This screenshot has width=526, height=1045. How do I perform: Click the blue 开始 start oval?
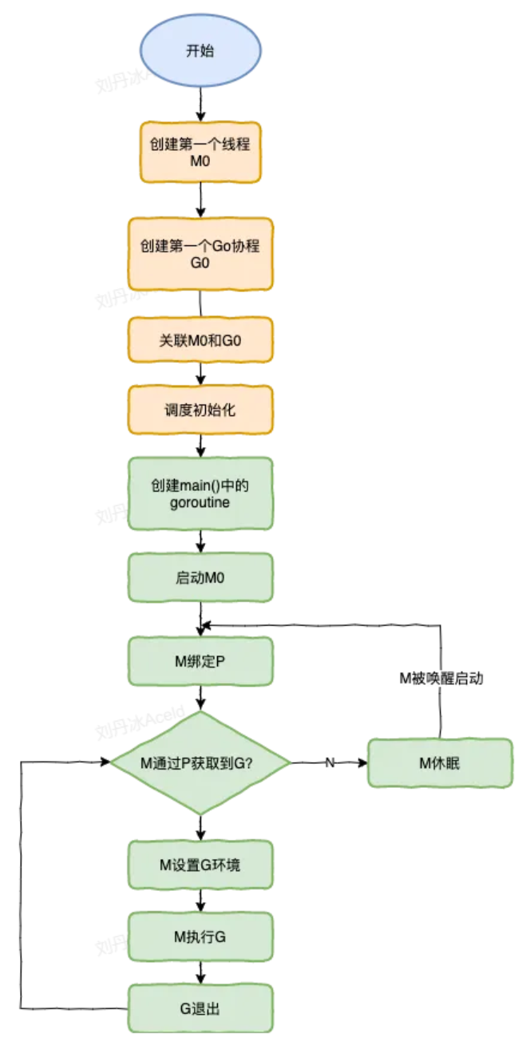tap(200, 49)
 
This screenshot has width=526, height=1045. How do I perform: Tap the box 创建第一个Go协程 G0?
tap(200, 253)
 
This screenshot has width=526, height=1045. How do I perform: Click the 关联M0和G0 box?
tap(200, 340)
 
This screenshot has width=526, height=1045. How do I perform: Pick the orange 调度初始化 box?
tap(200, 410)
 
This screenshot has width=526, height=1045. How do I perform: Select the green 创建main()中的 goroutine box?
tap(200, 493)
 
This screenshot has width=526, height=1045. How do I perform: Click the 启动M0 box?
tap(200, 576)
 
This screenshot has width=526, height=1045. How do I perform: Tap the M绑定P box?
tap(200, 660)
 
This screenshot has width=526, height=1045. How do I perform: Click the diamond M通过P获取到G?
tap(200, 763)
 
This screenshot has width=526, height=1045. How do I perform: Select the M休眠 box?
tap(439, 763)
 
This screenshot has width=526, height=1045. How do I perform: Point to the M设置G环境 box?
tap(200, 865)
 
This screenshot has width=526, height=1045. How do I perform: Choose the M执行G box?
tap(200, 936)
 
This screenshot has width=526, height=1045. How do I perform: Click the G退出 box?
tap(200, 1008)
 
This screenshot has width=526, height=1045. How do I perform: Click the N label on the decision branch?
tap(329, 763)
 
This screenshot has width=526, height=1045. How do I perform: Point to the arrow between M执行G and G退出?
tap(200, 972)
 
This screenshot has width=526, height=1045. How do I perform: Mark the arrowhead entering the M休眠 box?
tap(362, 763)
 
